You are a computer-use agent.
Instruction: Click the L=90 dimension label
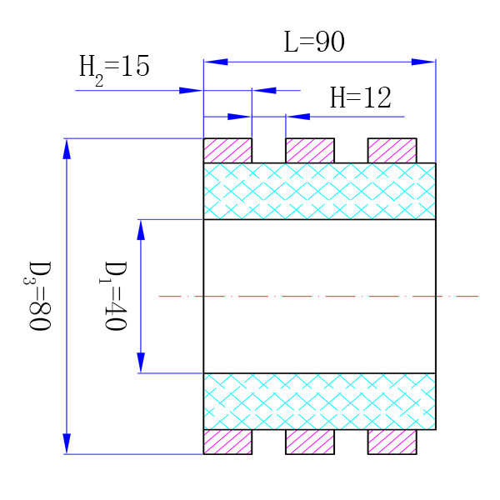(313, 42)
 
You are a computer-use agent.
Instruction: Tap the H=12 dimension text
(360, 98)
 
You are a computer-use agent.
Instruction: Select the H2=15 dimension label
(114, 66)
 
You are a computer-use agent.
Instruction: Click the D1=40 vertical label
(115, 296)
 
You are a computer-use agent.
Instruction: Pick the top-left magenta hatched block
(227, 151)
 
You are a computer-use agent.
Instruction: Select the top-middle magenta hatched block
(309, 151)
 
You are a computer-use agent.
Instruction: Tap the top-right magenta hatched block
(392, 151)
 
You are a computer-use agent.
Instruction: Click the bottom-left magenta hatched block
(227, 442)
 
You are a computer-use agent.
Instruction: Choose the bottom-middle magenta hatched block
(309, 442)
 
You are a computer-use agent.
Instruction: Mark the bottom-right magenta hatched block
(392, 442)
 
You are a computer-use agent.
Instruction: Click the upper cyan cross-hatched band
(319, 191)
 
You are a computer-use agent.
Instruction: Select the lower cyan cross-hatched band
(319, 401)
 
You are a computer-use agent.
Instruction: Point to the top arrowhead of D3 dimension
(67, 148)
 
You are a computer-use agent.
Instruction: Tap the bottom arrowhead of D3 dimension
(67, 443)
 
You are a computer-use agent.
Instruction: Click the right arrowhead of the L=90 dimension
(424, 61)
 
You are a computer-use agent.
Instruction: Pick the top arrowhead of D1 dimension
(140, 229)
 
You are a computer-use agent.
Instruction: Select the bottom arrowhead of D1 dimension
(140, 362)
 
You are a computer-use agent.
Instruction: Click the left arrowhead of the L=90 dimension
(215, 61)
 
